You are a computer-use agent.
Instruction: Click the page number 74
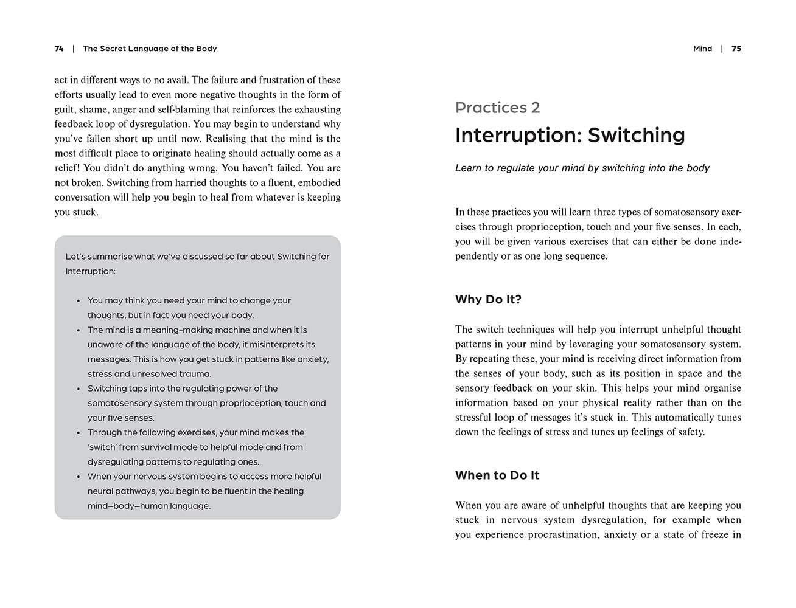[59, 49]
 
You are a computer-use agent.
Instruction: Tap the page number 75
[736, 49]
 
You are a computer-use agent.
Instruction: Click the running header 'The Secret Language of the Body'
[150, 49]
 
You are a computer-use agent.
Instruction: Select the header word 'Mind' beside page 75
[702, 49]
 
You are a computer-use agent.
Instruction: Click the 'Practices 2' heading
[497, 108]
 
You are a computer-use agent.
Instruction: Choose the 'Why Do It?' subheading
[488, 299]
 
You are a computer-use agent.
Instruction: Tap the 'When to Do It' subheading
[497, 475]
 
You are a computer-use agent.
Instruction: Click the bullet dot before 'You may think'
[79, 301]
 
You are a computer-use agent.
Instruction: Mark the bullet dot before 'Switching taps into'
[79, 389]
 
